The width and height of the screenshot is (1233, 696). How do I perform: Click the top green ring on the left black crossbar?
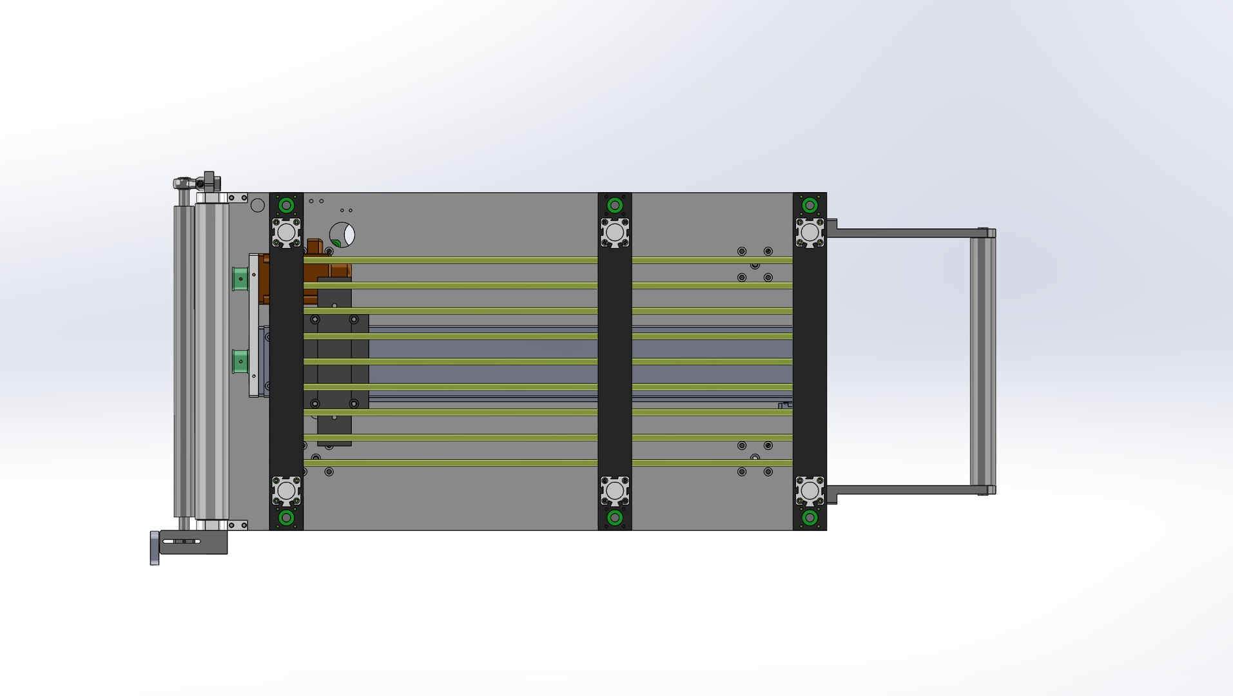286,206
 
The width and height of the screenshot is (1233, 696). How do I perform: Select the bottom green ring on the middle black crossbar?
615,517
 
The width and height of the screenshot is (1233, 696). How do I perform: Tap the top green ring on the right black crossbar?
810,206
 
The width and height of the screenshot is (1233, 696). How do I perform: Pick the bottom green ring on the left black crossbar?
286,517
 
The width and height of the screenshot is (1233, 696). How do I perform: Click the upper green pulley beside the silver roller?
240,278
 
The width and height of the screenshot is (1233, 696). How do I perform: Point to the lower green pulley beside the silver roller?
240,362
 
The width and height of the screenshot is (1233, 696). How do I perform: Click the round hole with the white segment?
342,235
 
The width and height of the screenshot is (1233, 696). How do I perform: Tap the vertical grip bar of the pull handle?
982,361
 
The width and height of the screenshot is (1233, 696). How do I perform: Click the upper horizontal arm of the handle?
902,233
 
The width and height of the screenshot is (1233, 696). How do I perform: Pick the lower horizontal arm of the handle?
902,490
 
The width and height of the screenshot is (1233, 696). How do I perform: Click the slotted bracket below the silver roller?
193,541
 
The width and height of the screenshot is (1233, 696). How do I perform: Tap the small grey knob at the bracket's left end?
155,548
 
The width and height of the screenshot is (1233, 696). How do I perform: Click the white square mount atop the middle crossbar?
615,232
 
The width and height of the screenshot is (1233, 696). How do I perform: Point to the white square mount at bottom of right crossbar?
810,491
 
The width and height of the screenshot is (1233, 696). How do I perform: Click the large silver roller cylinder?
211,361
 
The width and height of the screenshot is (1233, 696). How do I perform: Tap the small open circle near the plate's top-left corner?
257,206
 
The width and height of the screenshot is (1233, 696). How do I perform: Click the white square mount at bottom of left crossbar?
286,491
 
